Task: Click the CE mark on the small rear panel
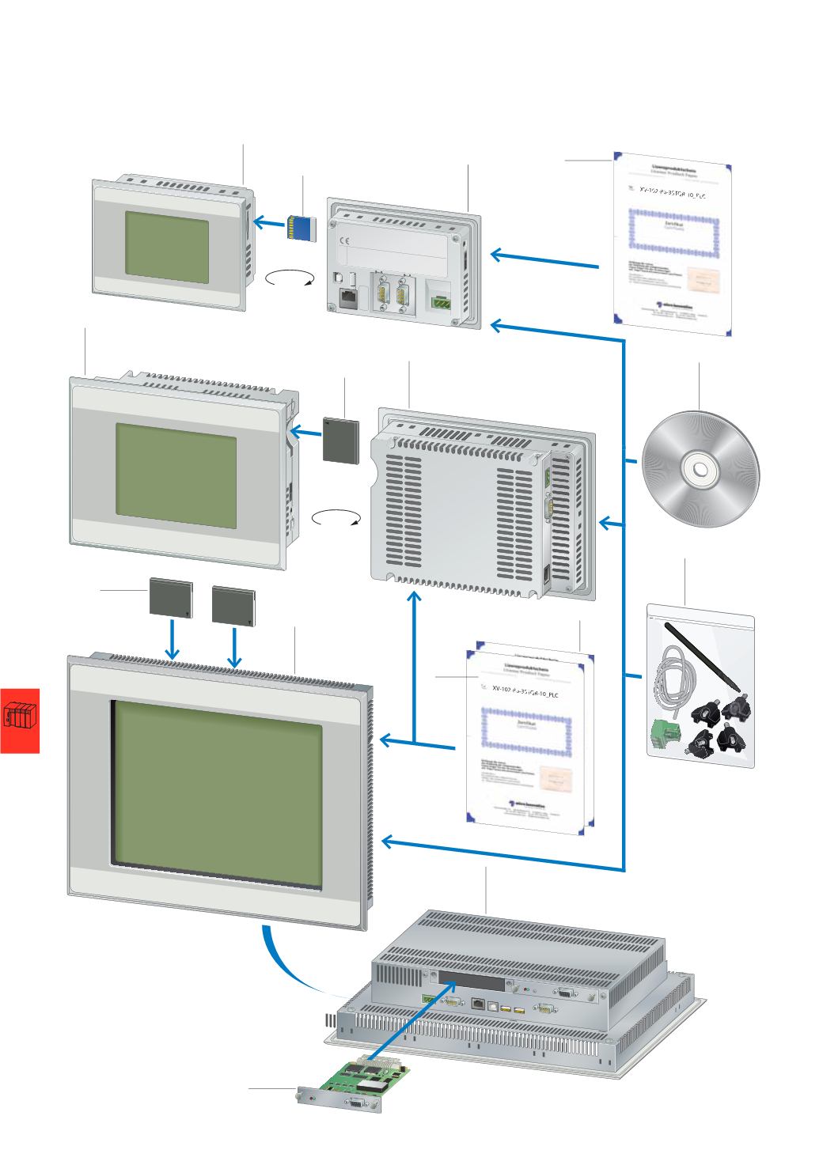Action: click(x=345, y=242)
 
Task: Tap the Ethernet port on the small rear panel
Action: click(x=347, y=298)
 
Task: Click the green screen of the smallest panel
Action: click(x=166, y=248)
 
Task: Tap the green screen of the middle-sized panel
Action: click(x=176, y=477)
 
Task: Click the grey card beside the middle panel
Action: click(x=342, y=441)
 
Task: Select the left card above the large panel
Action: click(x=171, y=599)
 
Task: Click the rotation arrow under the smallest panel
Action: click(x=290, y=278)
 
